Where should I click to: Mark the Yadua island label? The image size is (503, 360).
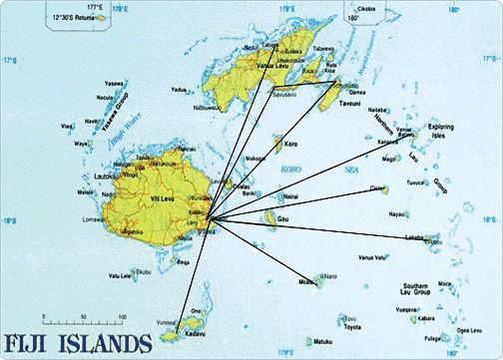click(x=180, y=89)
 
